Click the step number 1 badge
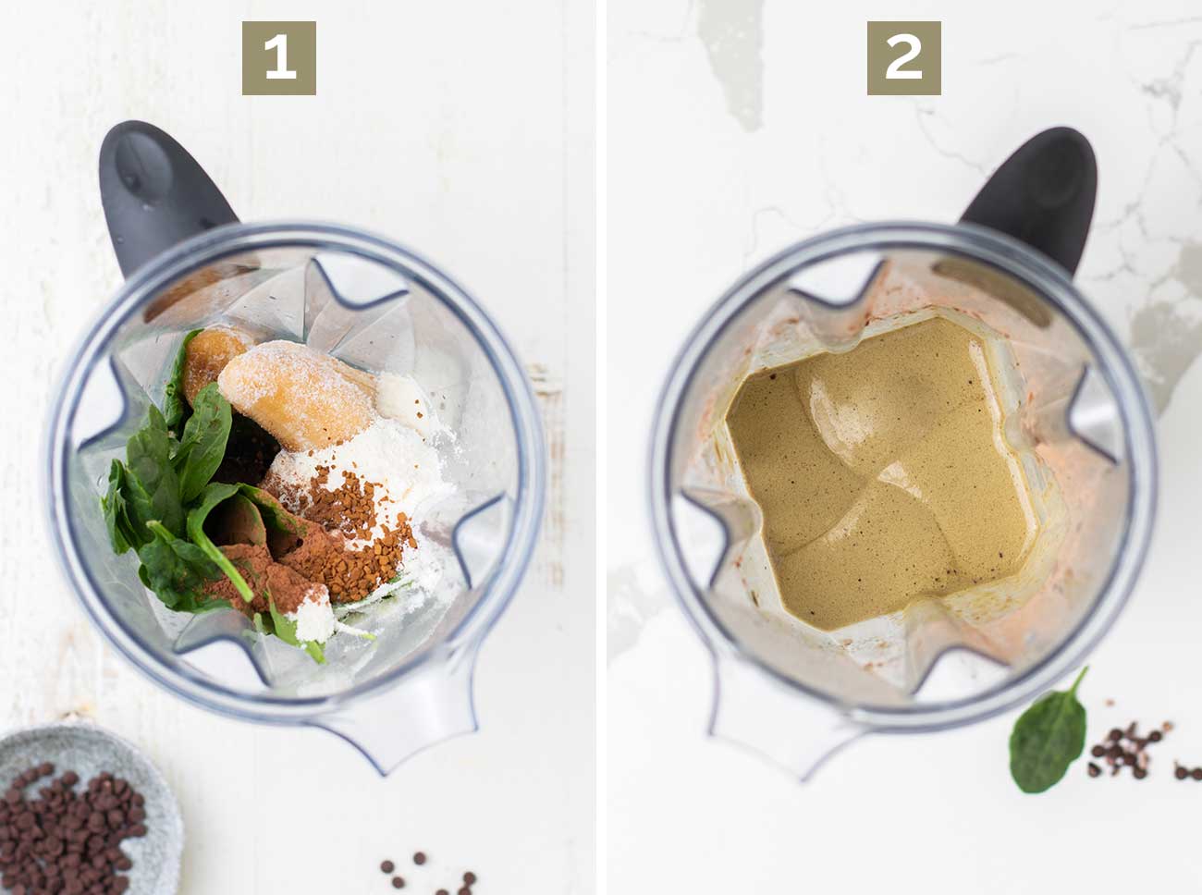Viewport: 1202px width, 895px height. (x=278, y=58)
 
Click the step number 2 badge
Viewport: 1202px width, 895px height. (x=903, y=58)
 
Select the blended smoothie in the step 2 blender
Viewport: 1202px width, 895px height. (x=878, y=472)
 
